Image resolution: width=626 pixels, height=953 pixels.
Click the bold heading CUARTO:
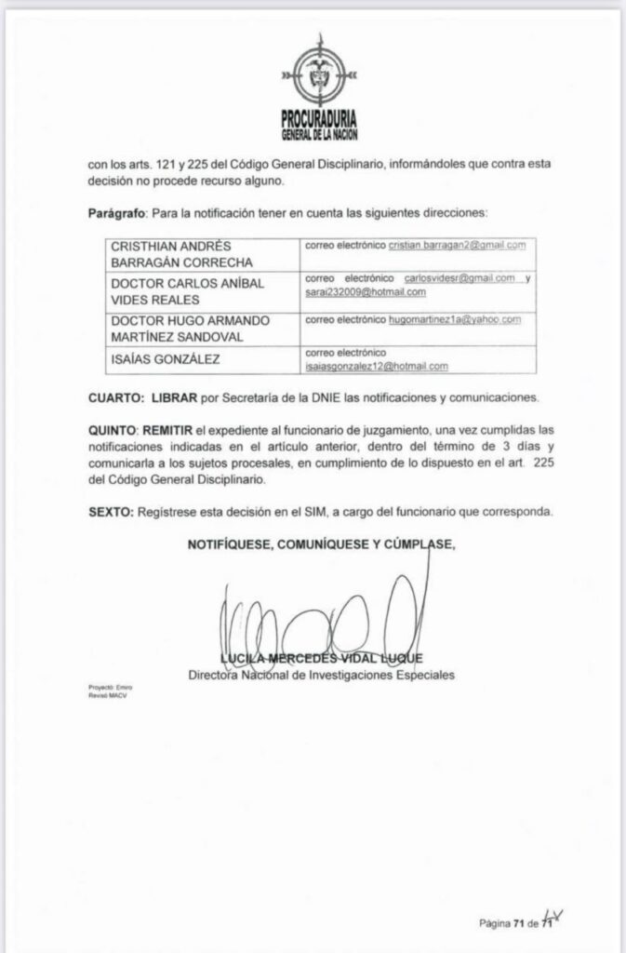coord(117,399)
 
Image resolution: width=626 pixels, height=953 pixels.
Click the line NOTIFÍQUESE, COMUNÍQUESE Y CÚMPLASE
coord(322,545)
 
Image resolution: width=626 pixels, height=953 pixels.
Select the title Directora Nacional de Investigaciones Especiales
coord(321,675)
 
